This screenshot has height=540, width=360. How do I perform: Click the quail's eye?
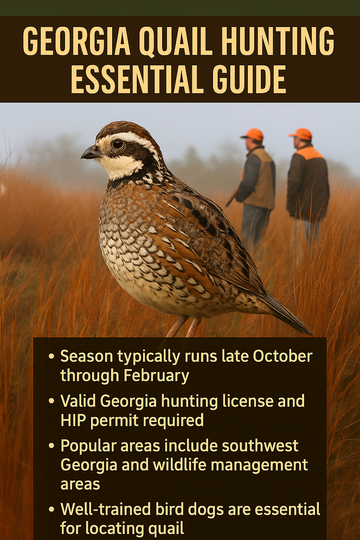[x=118, y=143]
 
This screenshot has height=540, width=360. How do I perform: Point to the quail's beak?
[x=90, y=153]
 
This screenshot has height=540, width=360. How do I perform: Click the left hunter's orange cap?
[x=253, y=134]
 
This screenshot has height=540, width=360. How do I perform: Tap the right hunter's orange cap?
[x=301, y=134]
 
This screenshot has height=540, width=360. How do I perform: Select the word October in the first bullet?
[x=283, y=356]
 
